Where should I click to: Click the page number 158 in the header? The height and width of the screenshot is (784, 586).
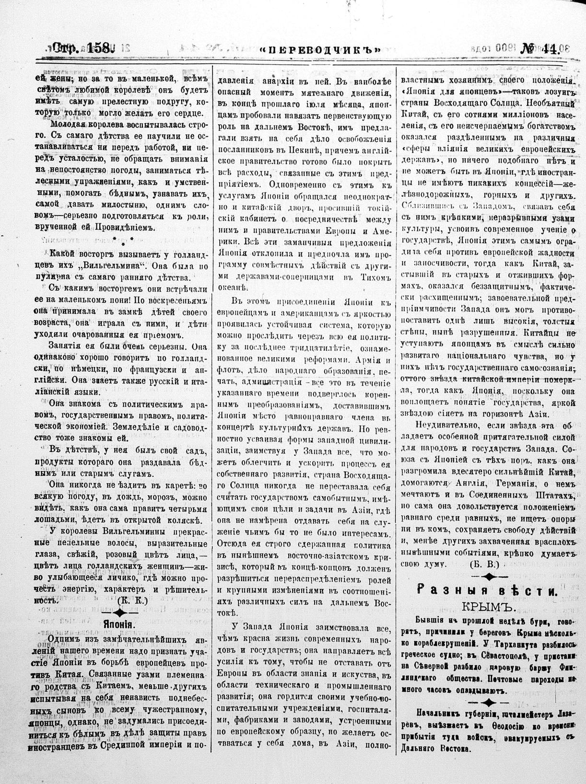click(99, 48)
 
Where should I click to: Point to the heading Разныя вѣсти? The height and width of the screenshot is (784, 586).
click(487, 591)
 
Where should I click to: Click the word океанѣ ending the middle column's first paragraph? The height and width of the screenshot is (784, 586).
click(233, 288)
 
